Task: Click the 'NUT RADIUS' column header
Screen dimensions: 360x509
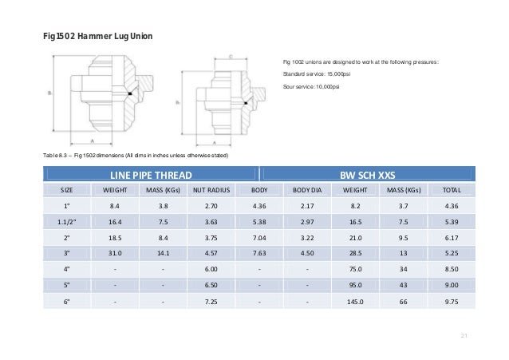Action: (211, 192)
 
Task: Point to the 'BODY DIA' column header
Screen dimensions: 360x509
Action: (306, 192)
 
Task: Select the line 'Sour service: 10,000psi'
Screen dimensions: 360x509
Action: (311, 86)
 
